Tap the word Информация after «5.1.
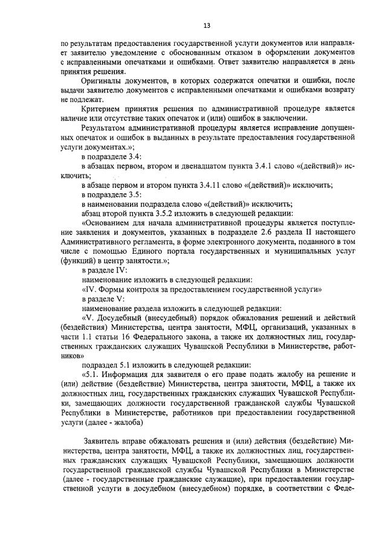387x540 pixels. point(128,374)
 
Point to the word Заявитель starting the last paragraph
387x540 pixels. point(102,440)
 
